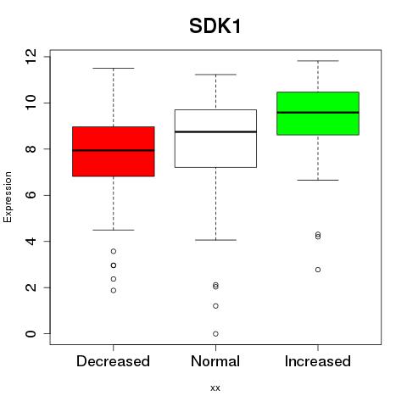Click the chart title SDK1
[215, 26]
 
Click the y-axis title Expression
[8, 197]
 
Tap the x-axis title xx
[215, 387]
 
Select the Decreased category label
[113, 361]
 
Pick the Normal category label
[215, 361]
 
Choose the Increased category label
[318, 361]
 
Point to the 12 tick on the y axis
[31, 57]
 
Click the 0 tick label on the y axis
[31, 334]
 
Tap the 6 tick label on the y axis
[31, 195]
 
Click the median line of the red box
[114, 150]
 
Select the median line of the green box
[318, 113]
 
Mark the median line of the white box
[215, 132]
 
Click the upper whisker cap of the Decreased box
[114, 68]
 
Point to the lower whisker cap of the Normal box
[215, 240]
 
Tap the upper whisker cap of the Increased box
[318, 61]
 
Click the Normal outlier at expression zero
[215, 334]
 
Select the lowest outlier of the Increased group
[318, 270]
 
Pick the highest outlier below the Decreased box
[114, 251]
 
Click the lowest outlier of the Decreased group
[114, 290]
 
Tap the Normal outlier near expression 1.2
[215, 306]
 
